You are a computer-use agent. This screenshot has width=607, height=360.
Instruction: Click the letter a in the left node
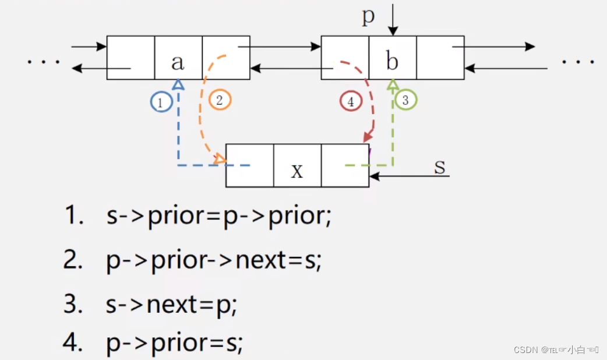(178, 62)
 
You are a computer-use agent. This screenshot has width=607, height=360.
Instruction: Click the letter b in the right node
(393, 62)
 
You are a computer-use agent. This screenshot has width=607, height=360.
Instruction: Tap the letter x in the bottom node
(297, 170)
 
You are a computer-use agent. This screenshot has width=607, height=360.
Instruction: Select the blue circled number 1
(160, 103)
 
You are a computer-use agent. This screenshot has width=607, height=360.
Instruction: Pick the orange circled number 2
(219, 100)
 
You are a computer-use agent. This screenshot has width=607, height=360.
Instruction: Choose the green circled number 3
(405, 100)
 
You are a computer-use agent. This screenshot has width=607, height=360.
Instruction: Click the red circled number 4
(350, 102)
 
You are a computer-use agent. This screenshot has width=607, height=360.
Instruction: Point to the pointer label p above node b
(368, 16)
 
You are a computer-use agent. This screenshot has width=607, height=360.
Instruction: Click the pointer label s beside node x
(440, 167)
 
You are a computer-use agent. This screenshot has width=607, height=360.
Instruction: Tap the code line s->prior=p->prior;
(218, 216)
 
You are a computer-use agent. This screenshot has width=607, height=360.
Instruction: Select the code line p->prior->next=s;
(214, 260)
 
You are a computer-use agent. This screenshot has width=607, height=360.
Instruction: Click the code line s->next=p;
(172, 303)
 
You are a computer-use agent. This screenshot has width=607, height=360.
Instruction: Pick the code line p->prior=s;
(175, 344)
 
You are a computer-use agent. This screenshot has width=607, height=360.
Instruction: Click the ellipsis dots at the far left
(44, 61)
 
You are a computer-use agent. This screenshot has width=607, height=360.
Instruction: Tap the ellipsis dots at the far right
(578, 61)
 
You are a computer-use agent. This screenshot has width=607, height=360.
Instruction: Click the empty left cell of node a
(131, 58)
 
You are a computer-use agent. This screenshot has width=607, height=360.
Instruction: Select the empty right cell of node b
(440, 58)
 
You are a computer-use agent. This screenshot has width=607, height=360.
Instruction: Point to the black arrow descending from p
(393, 20)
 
